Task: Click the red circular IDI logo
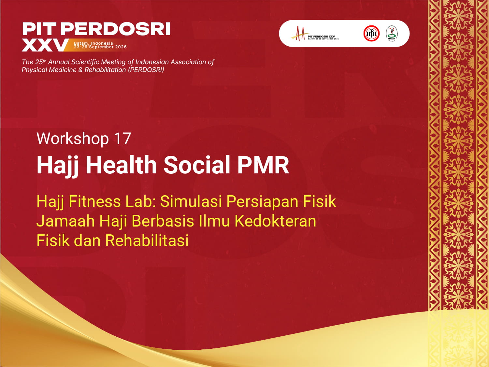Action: [x=371, y=33]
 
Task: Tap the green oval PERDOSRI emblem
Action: [x=392, y=34]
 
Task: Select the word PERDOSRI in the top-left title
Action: [x=115, y=29]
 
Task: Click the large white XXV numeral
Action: [x=45, y=45]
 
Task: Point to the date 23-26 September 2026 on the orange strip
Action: [x=100, y=47]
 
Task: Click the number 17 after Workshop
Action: [x=122, y=139]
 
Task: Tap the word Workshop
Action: [x=72, y=139]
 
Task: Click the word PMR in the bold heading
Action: [x=263, y=165]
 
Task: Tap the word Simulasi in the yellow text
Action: [x=191, y=201]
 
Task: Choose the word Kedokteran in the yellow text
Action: [x=275, y=221]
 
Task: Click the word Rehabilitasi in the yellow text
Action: [x=147, y=241]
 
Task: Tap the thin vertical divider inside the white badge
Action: [x=351, y=34]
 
